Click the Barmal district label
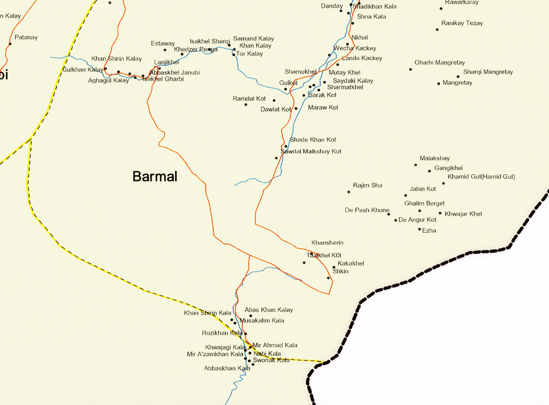(x=155, y=177)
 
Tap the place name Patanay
(x=26, y=37)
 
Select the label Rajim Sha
(x=367, y=185)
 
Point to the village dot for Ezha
(x=419, y=229)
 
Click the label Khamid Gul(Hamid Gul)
(x=481, y=177)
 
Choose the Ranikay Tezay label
(x=462, y=23)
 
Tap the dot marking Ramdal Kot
(x=246, y=104)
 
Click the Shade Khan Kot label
(x=313, y=140)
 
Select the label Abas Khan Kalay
(x=269, y=310)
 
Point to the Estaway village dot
(x=165, y=50)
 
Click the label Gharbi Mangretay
(x=439, y=62)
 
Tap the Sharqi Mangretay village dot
(x=458, y=76)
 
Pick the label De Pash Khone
(x=367, y=210)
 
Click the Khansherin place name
(x=327, y=243)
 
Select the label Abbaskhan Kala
(x=227, y=368)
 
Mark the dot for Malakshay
(x=416, y=165)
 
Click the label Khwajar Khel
(x=463, y=214)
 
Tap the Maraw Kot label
(x=323, y=107)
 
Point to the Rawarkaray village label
(x=462, y=2)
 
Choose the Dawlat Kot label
(x=276, y=109)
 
